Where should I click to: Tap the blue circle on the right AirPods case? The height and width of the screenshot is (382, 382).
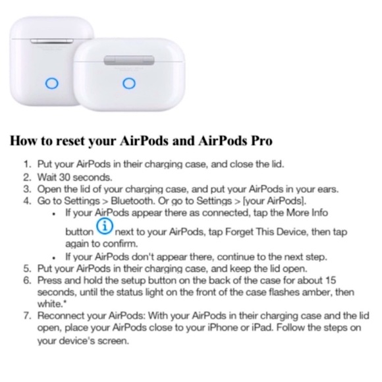(x=129, y=83)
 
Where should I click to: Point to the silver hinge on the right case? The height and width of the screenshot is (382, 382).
(x=129, y=60)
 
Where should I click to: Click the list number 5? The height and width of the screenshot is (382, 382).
(x=27, y=268)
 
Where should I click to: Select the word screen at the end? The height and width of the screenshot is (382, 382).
(x=113, y=341)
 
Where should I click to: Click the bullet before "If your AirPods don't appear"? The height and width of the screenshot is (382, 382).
(x=53, y=257)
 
